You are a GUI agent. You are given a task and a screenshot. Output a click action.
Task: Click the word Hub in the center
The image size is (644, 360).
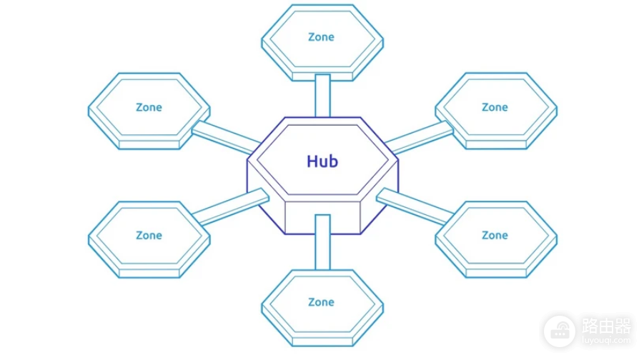click(322, 161)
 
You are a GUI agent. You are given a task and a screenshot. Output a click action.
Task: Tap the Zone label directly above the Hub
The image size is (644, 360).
click(321, 37)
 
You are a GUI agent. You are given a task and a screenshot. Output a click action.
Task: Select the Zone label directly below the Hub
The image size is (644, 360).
click(321, 302)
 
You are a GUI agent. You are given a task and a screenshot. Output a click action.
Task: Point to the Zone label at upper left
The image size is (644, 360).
click(149, 107)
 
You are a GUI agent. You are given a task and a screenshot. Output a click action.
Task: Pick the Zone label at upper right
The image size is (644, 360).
click(495, 107)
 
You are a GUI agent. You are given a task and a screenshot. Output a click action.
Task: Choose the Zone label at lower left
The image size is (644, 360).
click(149, 235)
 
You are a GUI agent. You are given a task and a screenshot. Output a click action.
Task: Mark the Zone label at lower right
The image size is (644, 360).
click(495, 235)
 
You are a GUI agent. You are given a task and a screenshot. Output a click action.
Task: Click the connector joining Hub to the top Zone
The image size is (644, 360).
click(322, 96)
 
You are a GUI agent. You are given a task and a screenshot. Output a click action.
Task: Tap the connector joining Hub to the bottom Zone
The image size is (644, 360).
click(322, 242)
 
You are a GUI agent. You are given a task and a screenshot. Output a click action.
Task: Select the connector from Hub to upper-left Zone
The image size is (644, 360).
click(226, 138)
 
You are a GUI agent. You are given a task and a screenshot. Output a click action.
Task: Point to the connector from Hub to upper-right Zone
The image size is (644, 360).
click(419, 138)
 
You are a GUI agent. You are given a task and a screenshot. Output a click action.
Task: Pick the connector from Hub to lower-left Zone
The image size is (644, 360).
click(230, 206)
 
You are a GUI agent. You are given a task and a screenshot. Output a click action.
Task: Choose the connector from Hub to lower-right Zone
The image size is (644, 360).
click(415, 206)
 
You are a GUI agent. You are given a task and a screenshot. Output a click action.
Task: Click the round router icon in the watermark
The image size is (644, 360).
click(560, 331)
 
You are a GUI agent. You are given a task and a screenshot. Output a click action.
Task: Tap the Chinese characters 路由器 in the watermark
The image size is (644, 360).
click(606, 326)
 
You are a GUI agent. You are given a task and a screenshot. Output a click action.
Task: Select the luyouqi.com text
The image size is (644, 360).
click(606, 340)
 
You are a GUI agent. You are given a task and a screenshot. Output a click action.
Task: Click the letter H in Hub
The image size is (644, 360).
click(312, 161)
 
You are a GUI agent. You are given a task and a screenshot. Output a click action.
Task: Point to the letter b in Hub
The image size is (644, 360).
click(334, 161)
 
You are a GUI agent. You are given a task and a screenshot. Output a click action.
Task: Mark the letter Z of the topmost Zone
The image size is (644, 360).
click(312, 37)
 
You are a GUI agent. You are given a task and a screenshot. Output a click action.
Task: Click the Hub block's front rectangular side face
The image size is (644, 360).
click(322, 218)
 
